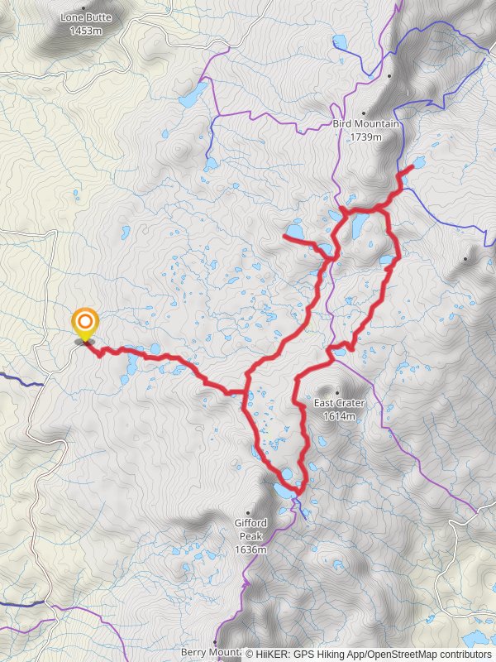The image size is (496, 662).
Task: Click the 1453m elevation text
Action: [x=85, y=31]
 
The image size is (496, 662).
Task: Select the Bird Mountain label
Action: [x=366, y=124]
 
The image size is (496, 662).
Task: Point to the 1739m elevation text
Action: [x=366, y=137]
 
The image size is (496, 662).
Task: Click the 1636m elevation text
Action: [x=250, y=549]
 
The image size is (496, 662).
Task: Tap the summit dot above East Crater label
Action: [x=337, y=392]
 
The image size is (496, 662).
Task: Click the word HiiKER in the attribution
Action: [x=273, y=654]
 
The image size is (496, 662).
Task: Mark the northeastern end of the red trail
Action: [x=412, y=168]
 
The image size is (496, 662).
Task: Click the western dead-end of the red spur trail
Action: [x=285, y=238]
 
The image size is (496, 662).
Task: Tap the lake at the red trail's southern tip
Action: [x=284, y=491]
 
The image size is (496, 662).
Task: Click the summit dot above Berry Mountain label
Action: [x=216, y=642]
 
